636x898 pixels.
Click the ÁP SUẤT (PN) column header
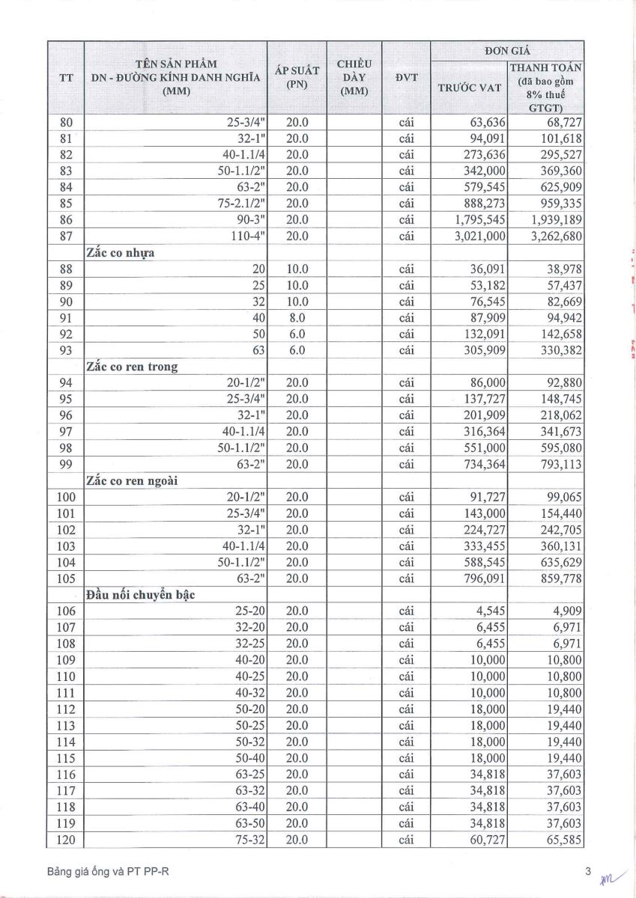(297, 76)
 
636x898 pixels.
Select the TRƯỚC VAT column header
(469, 88)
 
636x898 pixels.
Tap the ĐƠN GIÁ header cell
(507, 50)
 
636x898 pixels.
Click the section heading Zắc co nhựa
(121, 253)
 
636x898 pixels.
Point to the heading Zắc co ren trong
(132, 367)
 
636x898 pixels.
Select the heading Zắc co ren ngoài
(135, 480)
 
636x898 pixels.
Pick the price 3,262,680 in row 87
(555, 236)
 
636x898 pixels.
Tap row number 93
(66, 350)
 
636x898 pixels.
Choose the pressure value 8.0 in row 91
(297, 317)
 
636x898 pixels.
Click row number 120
(66, 839)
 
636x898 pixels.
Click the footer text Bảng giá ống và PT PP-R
(103, 872)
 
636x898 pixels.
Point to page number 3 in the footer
(589, 871)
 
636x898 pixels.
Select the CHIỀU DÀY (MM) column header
(354, 76)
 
